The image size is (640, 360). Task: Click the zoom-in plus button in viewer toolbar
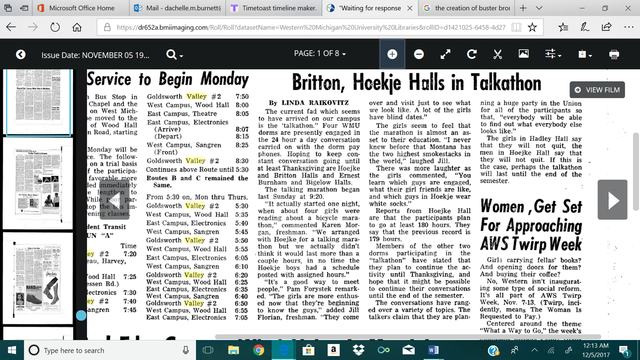[x=392, y=53]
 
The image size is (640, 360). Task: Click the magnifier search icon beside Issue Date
[x=177, y=53]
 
